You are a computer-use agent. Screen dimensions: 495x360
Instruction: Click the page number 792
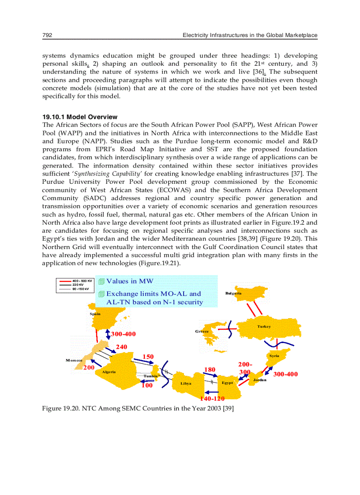(47, 35)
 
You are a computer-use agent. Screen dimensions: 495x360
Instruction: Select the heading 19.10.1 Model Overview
(80, 117)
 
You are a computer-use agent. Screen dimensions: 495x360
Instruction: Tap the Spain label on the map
(95, 314)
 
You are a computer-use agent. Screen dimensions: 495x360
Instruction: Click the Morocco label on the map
(74, 360)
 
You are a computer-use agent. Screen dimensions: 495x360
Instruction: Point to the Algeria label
(109, 372)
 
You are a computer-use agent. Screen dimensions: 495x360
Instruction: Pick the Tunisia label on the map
(151, 376)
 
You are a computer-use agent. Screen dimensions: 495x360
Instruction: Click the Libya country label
(186, 383)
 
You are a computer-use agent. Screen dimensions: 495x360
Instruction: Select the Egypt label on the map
(227, 383)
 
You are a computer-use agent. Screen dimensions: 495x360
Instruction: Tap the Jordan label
(259, 380)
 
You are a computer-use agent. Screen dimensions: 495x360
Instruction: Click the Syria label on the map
(274, 356)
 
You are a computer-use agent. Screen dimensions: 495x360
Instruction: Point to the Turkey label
(264, 327)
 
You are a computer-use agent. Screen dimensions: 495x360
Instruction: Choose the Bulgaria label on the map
(233, 294)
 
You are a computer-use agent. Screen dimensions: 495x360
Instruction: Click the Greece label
(202, 331)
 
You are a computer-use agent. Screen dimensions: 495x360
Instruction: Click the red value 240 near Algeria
(121, 347)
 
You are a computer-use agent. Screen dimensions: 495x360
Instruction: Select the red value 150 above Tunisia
(148, 356)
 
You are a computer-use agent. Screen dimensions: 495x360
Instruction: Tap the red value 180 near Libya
(210, 369)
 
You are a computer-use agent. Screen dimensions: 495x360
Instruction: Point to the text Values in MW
(130, 281)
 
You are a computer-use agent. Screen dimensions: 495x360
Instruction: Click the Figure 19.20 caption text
(138, 409)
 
